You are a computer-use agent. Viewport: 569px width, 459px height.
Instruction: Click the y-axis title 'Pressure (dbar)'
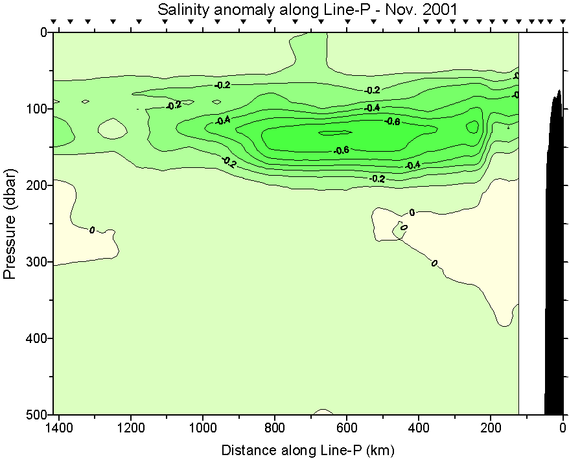coord(10,224)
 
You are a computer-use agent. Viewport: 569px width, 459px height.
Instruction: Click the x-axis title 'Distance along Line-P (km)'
coord(308,449)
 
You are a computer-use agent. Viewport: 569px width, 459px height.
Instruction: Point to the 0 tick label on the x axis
coord(563,429)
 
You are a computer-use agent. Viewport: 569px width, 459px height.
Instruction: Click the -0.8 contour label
coord(392,122)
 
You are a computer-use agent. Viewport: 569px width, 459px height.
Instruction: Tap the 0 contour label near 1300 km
coord(92,230)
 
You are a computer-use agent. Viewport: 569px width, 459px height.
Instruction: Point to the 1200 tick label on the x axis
coord(131,429)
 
